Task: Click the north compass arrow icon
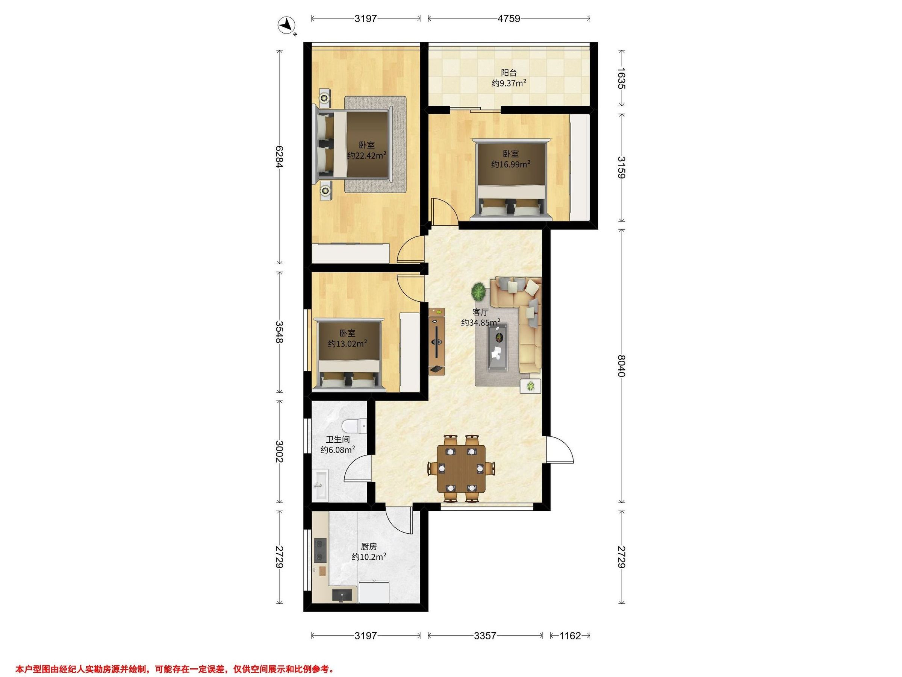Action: (287, 26)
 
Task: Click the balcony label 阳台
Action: (509, 73)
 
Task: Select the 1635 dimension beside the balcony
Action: (621, 78)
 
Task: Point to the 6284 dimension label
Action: (279, 157)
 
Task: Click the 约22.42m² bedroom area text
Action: (367, 155)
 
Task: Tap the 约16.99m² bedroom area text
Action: (510, 164)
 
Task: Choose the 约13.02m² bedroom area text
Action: (347, 344)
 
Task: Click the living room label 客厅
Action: (480, 312)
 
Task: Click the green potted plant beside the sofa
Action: (478, 291)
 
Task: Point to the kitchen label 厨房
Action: (369, 546)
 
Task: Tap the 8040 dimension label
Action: (621, 366)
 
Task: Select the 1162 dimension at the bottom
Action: (570, 635)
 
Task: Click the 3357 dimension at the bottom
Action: (485, 635)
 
